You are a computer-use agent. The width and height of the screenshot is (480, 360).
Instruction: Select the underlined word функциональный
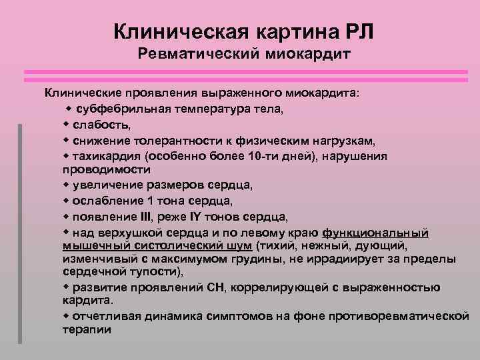375,233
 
